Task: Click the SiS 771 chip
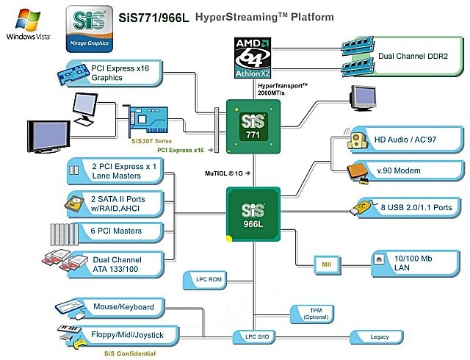click(253, 126)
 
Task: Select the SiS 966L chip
click(253, 214)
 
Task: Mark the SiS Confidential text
click(130, 354)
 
